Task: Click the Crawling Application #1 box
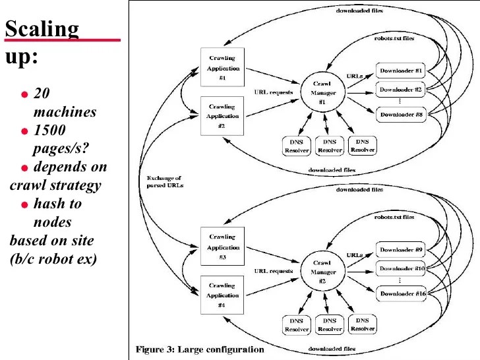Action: (222, 67)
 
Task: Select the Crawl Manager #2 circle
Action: (318, 272)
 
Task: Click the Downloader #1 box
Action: (401, 70)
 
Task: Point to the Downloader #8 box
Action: (401, 115)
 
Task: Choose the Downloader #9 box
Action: (401, 249)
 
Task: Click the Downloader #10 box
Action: (401, 268)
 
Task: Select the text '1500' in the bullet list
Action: (51, 130)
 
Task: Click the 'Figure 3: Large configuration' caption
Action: (200, 349)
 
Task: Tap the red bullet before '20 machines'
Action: (24, 94)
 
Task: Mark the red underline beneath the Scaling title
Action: (63, 40)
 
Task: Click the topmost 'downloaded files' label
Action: (359, 11)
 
